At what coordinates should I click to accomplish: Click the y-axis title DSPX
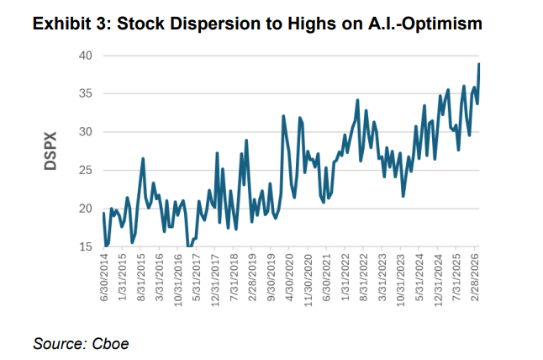(50, 151)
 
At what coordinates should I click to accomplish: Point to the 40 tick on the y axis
(86, 56)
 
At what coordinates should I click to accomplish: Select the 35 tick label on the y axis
(86, 94)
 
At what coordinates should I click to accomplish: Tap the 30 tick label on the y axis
(86, 132)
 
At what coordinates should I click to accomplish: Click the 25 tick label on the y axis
(86, 171)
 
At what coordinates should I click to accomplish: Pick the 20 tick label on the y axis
(86, 209)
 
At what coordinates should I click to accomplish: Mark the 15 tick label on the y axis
(86, 247)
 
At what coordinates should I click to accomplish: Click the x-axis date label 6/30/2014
(103, 279)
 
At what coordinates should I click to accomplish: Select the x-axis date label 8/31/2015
(141, 279)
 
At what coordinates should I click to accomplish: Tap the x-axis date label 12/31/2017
(216, 281)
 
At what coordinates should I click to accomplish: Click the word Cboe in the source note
(114, 343)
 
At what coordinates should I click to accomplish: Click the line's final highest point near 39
(479, 64)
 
